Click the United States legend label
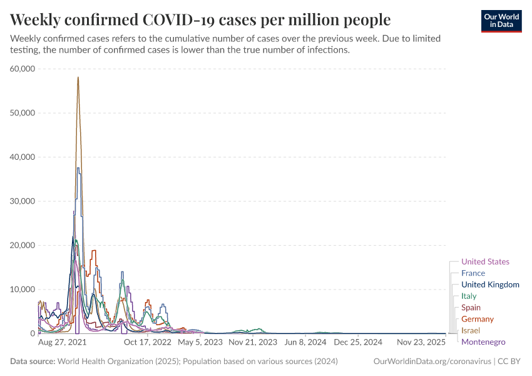click(485, 262)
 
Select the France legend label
click(473, 273)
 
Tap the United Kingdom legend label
click(490, 285)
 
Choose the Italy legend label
click(469, 296)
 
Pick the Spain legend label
click(471, 308)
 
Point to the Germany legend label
click(478, 319)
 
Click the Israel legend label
click(470, 330)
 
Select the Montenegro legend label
click(483, 342)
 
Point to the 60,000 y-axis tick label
click(23, 68)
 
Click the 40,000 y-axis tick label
click(23, 157)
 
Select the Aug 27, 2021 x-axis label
click(63, 343)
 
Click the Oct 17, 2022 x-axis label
click(148, 343)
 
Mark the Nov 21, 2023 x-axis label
click(253, 343)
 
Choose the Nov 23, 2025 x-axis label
click(421, 343)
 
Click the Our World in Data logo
click(501, 21)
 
